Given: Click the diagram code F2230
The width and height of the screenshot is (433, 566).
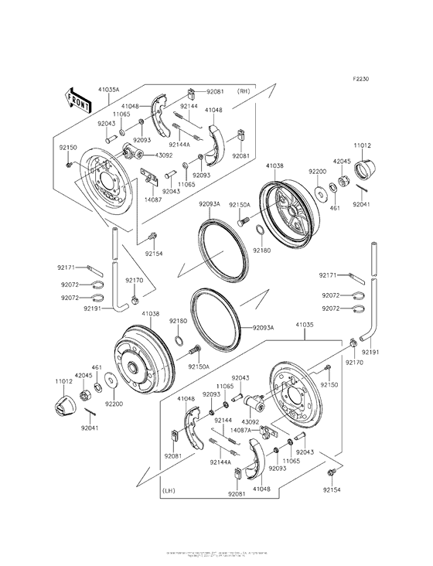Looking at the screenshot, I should (x=361, y=79).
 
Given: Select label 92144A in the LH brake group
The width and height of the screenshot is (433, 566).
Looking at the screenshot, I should (x=217, y=462).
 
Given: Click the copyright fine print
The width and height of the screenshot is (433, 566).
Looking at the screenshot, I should (x=216, y=554).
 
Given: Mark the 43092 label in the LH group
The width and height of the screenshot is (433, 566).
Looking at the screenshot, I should (x=238, y=422).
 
